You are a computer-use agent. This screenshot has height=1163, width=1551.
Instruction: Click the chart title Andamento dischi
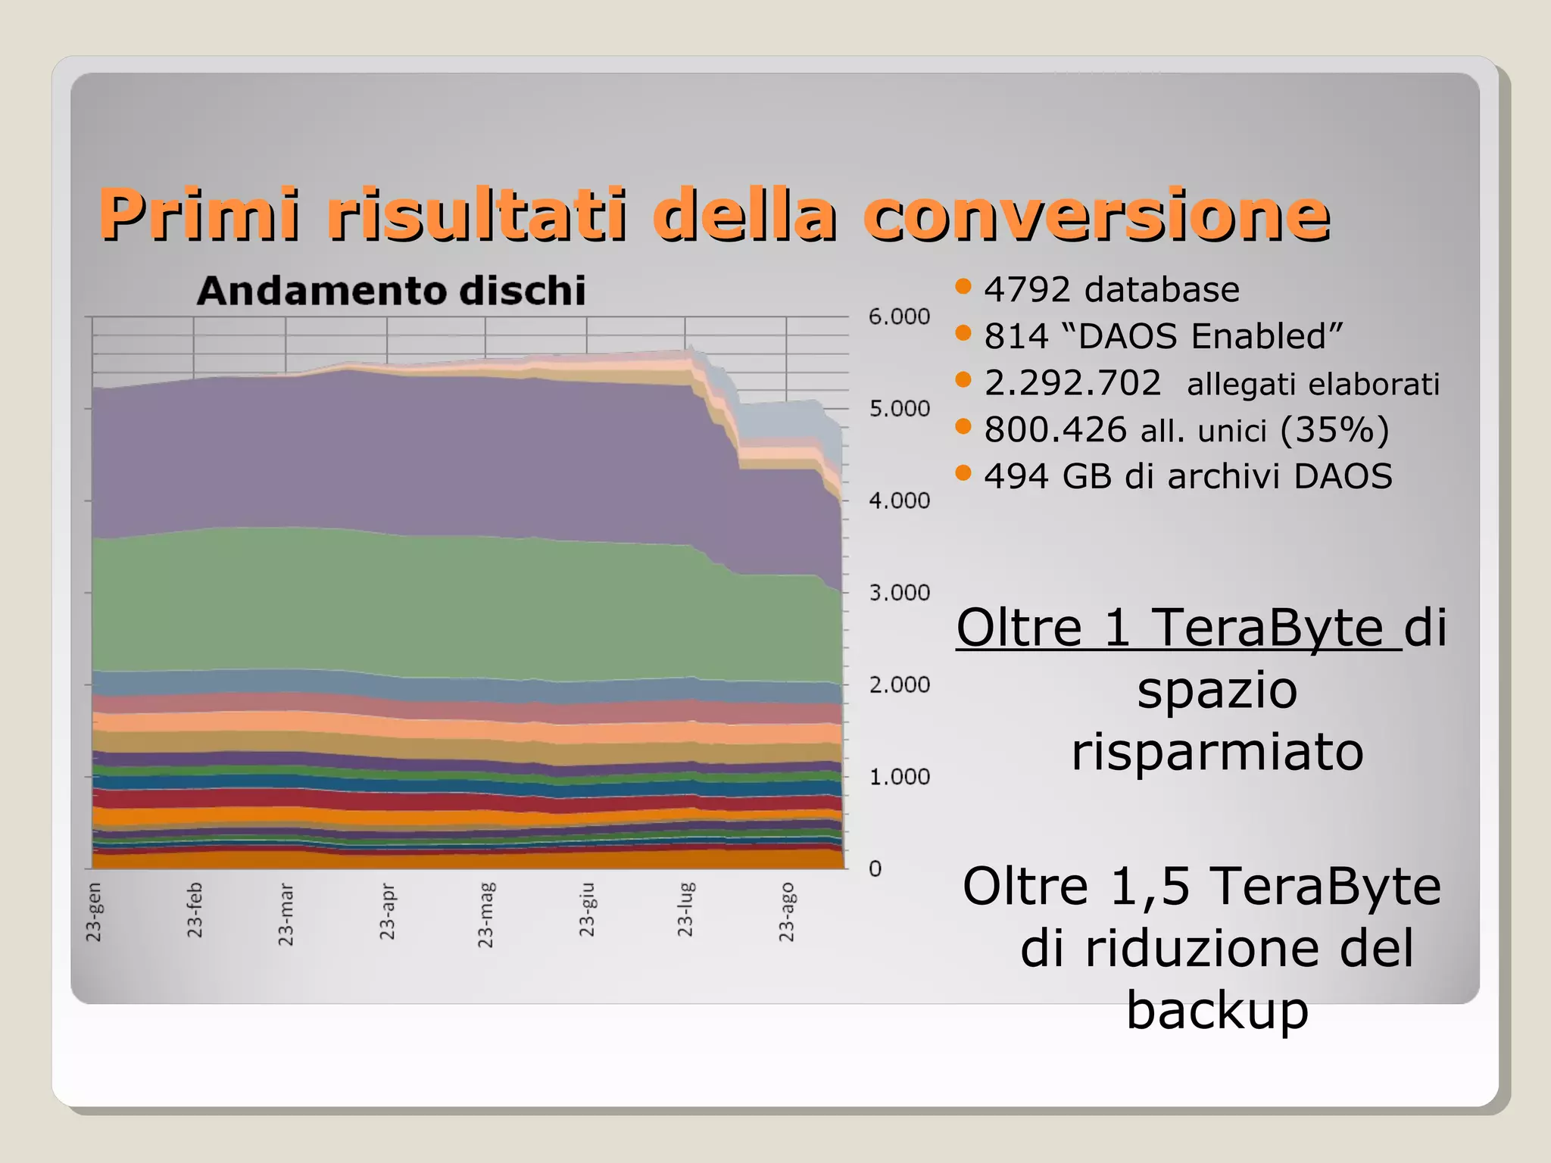point(391,291)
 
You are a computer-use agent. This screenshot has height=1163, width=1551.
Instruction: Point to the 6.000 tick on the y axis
point(899,316)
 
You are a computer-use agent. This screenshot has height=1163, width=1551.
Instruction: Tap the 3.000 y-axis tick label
point(899,593)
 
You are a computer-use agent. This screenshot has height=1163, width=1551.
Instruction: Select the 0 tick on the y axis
point(875,868)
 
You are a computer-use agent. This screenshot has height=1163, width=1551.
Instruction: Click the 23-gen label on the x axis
point(94,912)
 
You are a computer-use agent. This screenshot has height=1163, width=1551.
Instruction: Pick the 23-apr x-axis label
point(387,912)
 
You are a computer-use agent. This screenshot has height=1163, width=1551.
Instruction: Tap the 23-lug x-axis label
point(685,909)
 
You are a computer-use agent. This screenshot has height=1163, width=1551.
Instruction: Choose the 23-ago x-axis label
point(787,912)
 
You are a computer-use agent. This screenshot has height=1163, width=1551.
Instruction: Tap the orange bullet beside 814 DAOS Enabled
point(963,333)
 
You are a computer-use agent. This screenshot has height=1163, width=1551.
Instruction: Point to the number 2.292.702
point(1072,383)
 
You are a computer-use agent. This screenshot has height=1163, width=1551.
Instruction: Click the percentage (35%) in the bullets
point(1334,429)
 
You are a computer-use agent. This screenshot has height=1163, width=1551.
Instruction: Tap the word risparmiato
point(1217,752)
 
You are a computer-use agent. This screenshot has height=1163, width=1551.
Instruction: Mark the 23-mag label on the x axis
point(485,915)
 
